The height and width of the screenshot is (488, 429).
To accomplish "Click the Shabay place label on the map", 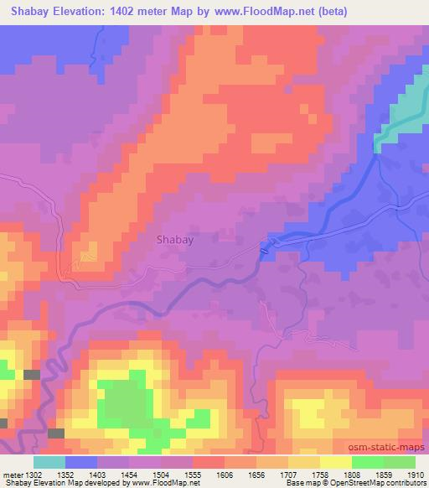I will (x=175, y=239).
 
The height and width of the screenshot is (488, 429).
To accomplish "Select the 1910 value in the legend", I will (x=415, y=475).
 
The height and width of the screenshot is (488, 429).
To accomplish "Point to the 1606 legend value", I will (x=225, y=475).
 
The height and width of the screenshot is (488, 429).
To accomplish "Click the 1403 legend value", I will (x=98, y=475).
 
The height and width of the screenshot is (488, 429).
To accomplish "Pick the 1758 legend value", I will (x=320, y=475).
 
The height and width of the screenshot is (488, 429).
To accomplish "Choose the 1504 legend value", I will (x=162, y=475).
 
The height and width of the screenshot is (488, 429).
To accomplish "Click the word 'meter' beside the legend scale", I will (x=13, y=475).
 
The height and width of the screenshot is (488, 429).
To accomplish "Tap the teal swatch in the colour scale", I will (x=49, y=462).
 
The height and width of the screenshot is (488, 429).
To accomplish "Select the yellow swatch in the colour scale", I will (x=335, y=462).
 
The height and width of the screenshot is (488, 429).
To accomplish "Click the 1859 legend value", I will (x=383, y=475).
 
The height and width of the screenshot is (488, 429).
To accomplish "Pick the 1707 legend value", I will (x=288, y=475).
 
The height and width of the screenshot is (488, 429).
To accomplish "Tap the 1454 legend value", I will (x=130, y=475).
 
